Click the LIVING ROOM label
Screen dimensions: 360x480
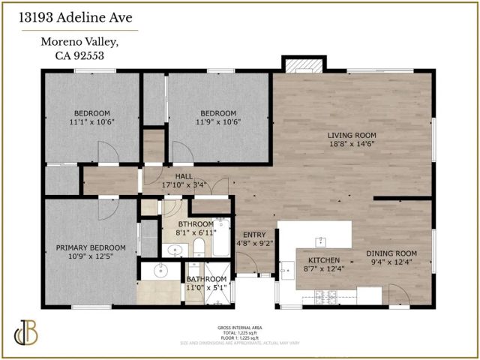pyautogui.click(x=351, y=136)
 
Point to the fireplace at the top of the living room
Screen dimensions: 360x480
pyautogui.click(x=302, y=66)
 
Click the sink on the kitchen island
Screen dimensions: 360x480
pyautogui.click(x=320, y=241)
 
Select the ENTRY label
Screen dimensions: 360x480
pyautogui.click(x=253, y=234)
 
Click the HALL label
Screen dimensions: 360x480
pyautogui.click(x=184, y=177)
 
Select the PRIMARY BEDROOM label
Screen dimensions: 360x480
pyautogui.click(x=91, y=248)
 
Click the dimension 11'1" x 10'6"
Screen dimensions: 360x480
pyautogui.click(x=91, y=121)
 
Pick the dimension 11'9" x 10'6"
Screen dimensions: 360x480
pyautogui.click(x=217, y=121)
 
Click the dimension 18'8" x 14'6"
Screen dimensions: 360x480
pyautogui.click(x=351, y=145)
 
